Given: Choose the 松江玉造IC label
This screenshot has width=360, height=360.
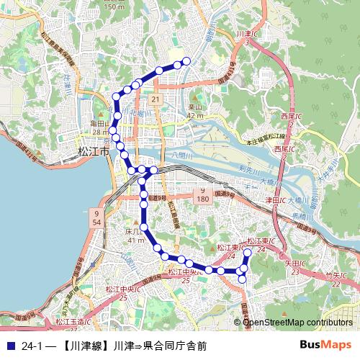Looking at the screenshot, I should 71,322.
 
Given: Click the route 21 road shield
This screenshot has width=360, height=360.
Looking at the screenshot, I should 156,99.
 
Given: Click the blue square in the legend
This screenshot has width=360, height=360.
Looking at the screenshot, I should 9,345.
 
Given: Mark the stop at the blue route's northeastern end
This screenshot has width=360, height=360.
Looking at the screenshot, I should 186,61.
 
